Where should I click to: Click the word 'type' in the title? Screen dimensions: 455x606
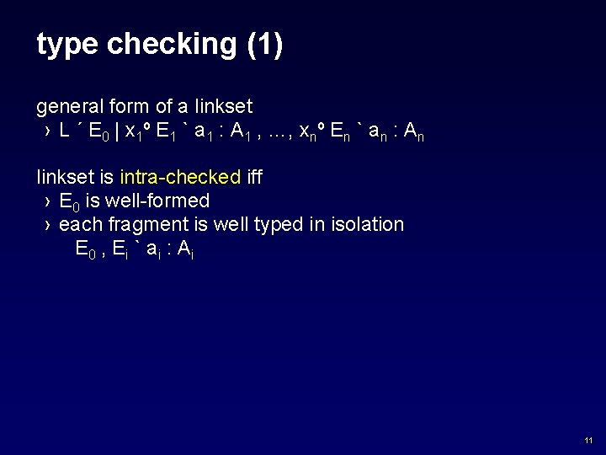tap(67, 45)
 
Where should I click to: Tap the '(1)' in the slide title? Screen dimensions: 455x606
tap(265, 45)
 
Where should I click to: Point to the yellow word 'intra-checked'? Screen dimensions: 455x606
tap(180, 178)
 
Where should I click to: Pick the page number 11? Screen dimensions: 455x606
tap(587, 441)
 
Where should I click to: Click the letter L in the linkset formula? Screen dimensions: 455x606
tap(65, 131)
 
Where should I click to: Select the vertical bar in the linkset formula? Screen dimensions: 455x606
tap(117, 131)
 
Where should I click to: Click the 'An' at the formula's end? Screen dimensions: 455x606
tap(413, 132)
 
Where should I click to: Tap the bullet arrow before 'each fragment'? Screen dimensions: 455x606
tap(47, 225)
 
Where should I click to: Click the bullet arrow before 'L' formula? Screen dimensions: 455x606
tap(47, 131)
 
